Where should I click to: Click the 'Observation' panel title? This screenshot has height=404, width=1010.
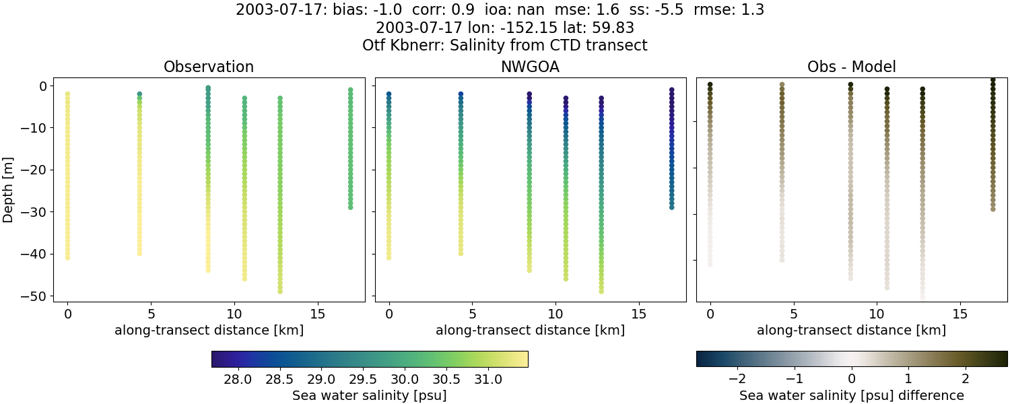pyautogui.click(x=209, y=67)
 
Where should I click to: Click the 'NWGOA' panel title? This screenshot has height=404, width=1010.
pyautogui.click(x=530, y=67)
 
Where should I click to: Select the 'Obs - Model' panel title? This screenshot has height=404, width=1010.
pyautogui.click(x=851, y=67)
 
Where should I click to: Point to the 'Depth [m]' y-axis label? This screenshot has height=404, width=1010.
pyautogui.click(x=9, y=191)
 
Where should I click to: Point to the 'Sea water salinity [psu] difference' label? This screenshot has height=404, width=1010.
pyautogui.click(x=851, y=395)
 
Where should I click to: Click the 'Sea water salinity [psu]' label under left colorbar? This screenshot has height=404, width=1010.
pyautogui.click(x=369, y=395)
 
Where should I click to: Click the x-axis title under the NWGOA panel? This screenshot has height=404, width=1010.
pyautogui.click(x=530, y=330)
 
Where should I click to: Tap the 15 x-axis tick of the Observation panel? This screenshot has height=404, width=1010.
pyautogui.click(x=318, y=314)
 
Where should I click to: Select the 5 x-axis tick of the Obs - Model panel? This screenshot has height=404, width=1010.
pyautogui.click(x=794, y=314)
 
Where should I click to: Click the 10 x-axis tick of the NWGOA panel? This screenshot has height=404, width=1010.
pyautogui.click(x=555, y=314)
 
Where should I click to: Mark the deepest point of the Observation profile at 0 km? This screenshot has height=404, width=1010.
pyautogui.click(x=67, y=258)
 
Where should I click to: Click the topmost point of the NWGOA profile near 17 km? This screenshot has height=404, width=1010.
pyautogui.click(x=671, y=90)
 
